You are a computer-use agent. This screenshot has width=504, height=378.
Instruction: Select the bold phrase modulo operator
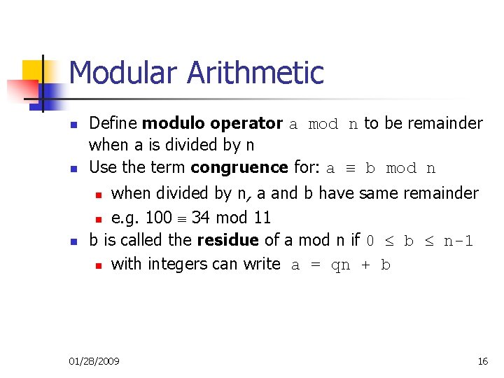click(212, 124)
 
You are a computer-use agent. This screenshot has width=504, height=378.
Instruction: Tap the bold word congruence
click(239, 168)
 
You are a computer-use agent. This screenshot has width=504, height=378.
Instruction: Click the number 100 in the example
click(159, 218)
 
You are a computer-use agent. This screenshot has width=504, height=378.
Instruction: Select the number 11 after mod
click(262, 218)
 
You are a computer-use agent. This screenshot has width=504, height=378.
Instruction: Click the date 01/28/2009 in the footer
click(94, 361)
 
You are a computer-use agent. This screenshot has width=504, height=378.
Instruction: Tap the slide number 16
click(482, 361)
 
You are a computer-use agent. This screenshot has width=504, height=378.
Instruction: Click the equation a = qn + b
click(340, 265)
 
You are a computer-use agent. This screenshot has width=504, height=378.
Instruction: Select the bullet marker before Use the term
click(73, 169)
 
